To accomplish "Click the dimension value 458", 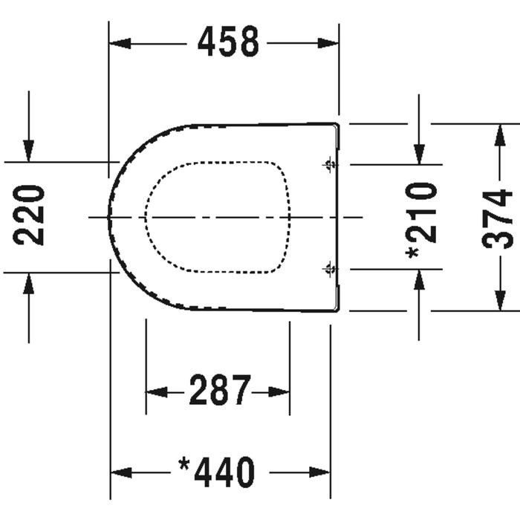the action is click(x=228, y=41).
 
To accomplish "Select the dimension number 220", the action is click(x=28, y=215).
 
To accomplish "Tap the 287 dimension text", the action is click(x=220, y=390).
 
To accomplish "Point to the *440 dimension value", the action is click(x=217, y=472).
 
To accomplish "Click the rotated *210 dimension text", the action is click(x=421, y=221).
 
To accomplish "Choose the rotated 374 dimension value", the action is click(x=497, y=219).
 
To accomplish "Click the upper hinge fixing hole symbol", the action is click(x=330, y=164).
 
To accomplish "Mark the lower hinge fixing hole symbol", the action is click(x=330, y=269).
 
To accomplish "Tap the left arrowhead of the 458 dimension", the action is click(x=120, y=43).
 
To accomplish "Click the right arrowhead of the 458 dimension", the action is click(x=328, y=43).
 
